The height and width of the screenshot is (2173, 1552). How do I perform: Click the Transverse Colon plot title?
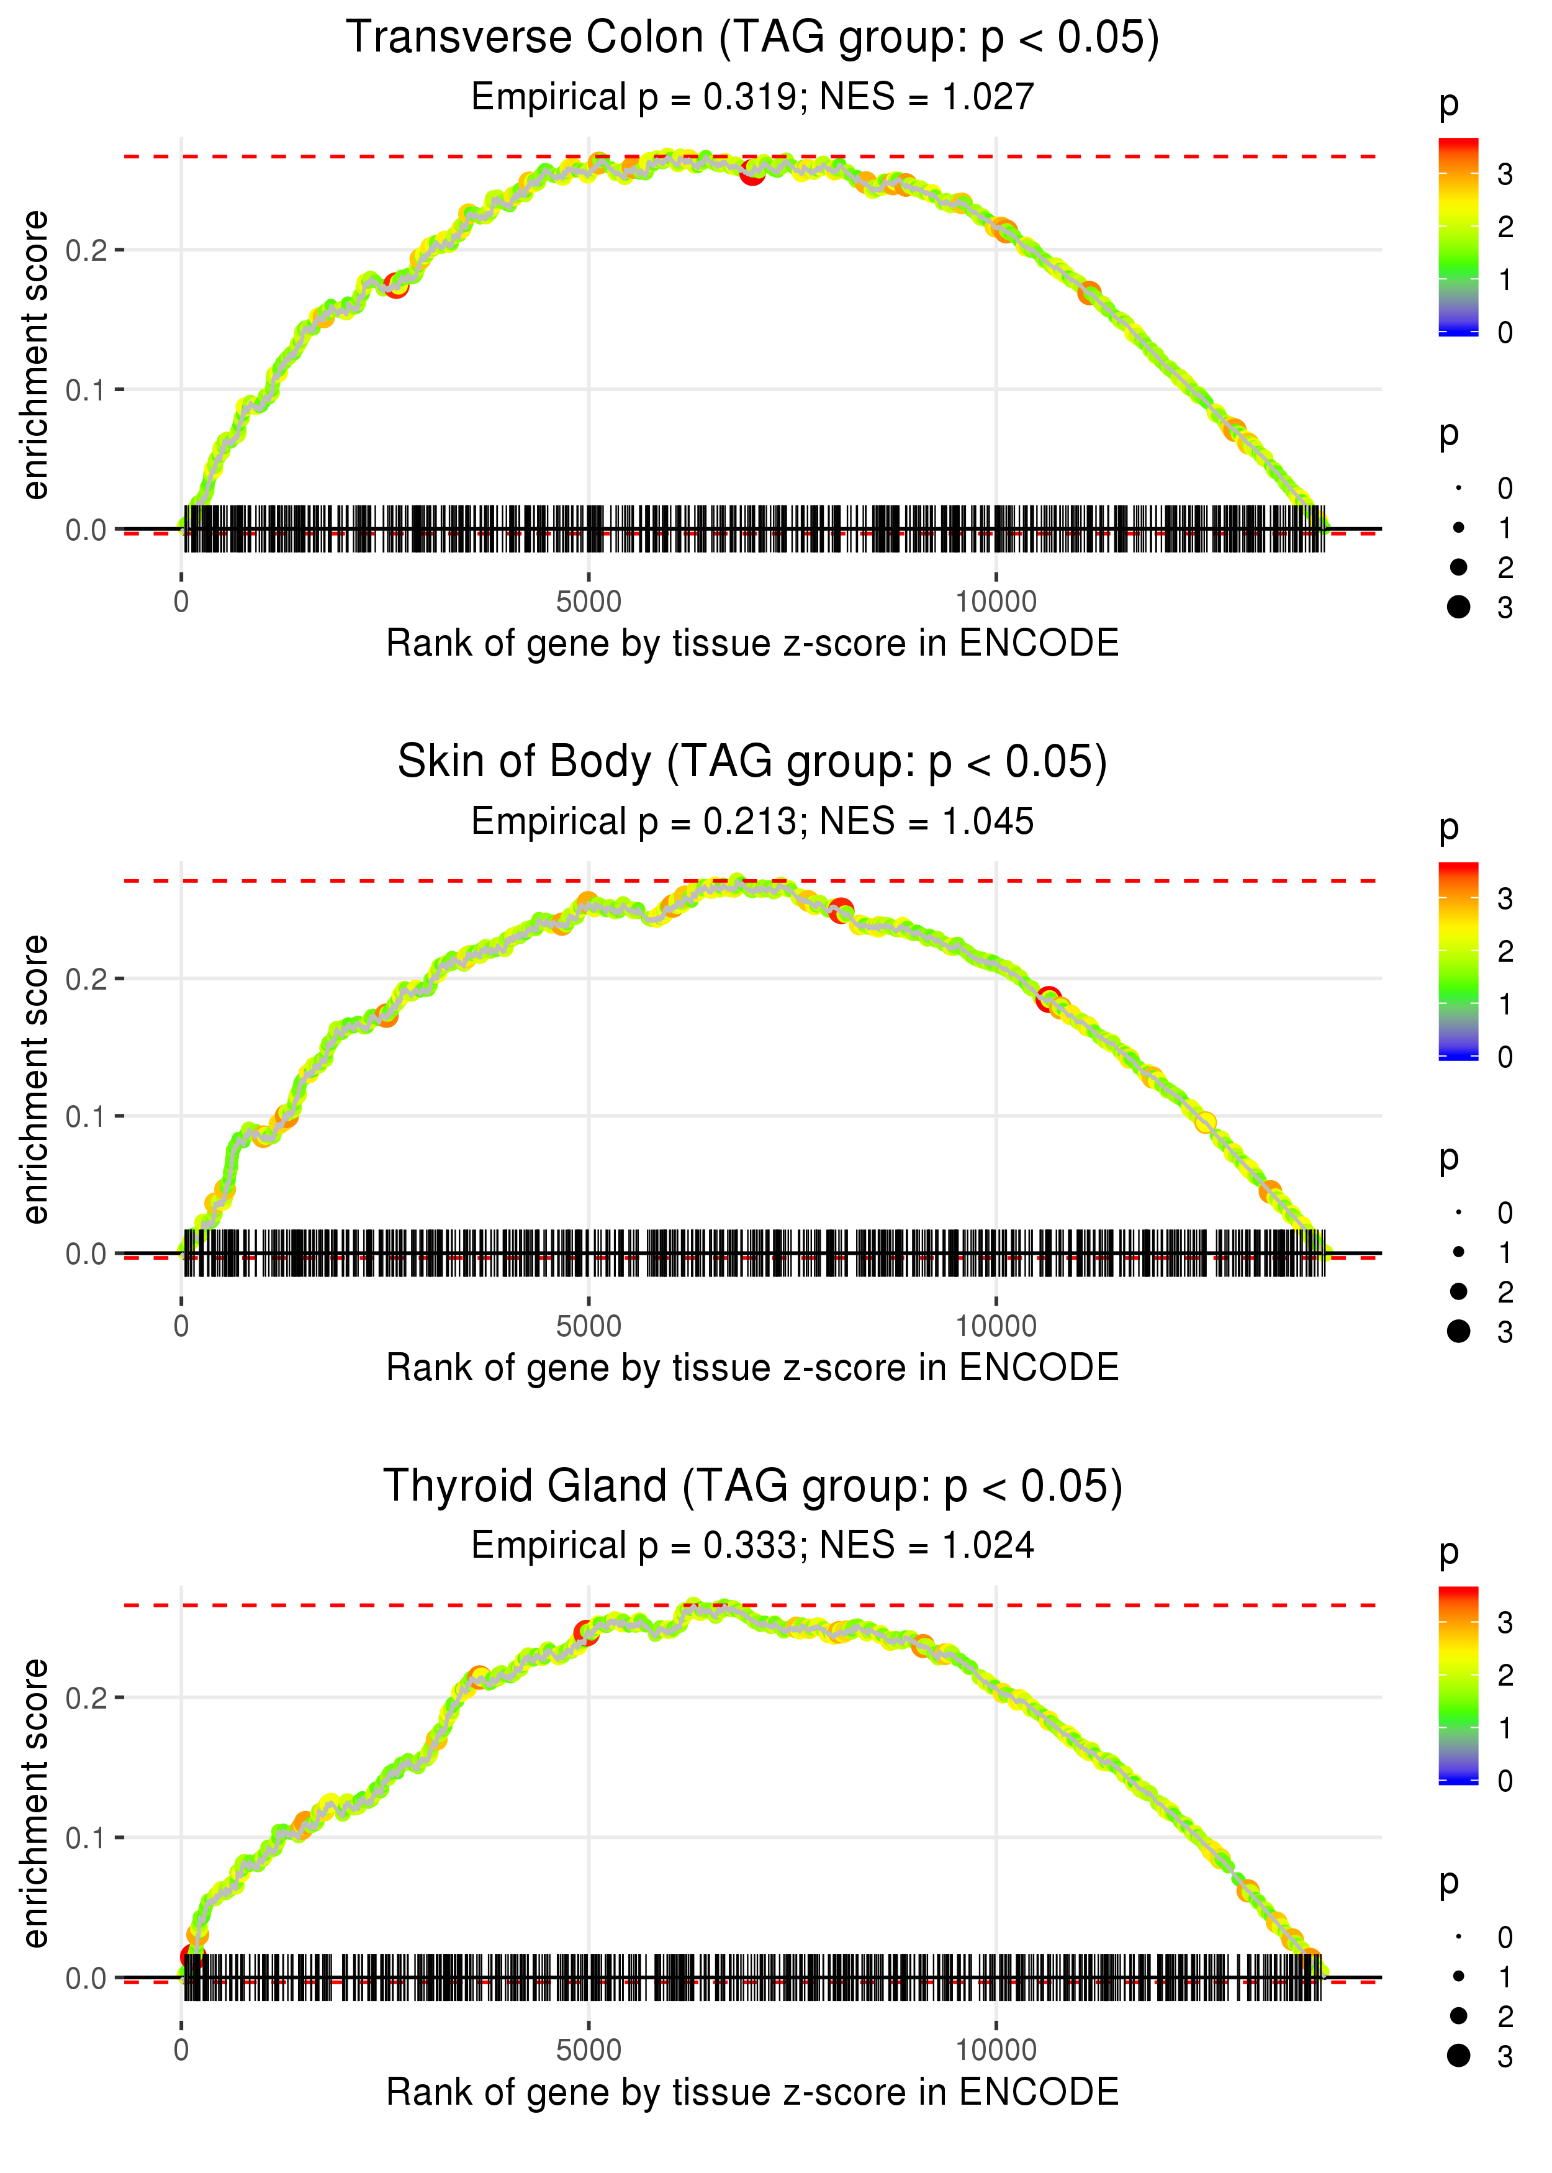tap(752, 38)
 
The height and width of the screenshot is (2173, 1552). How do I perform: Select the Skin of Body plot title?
tap(752, 762)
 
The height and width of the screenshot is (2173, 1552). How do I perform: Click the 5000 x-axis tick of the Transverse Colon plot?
tap(589, 602)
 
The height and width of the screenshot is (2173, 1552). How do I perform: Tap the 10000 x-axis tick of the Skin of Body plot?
tap(996, 1326)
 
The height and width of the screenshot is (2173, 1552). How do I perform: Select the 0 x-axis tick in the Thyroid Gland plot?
tap(181, 2051)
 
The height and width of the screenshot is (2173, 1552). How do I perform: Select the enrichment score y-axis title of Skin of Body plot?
tap(35, 1079)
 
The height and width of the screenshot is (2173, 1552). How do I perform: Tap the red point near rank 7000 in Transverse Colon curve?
tap(752, 173)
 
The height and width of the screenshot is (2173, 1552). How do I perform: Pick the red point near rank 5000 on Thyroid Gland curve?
tap(586, 1633)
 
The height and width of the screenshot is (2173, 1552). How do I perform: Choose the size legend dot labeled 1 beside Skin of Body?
tap(1458, 1252)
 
